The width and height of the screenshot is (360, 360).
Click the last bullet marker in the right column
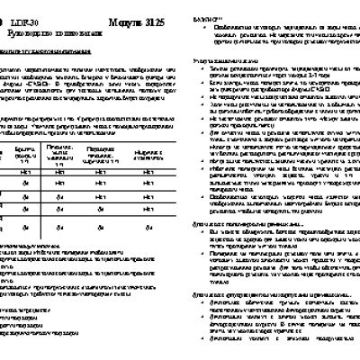(x=203, y=353)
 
